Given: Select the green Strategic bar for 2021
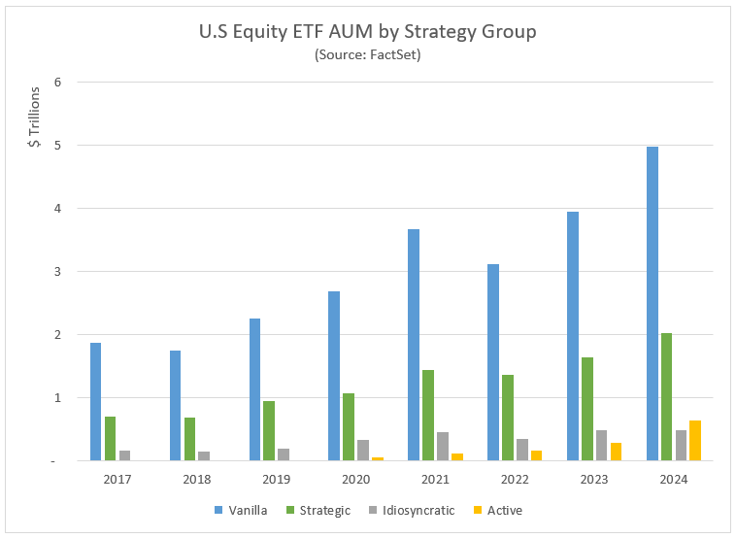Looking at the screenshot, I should click(428, 415).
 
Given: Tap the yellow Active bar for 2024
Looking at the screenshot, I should click(694, 440).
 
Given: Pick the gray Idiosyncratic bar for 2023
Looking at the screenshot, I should click(601, 445).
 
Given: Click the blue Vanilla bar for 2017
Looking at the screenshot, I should click(95, 401).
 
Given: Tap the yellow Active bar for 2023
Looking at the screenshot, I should click(615, 452).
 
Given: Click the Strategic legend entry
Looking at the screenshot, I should click(318, 510).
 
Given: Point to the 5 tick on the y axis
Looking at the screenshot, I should click(58, 146).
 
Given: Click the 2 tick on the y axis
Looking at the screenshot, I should click(58, 335).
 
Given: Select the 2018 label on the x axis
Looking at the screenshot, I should click(196, 479).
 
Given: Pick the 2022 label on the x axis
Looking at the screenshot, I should click(514, 479).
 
